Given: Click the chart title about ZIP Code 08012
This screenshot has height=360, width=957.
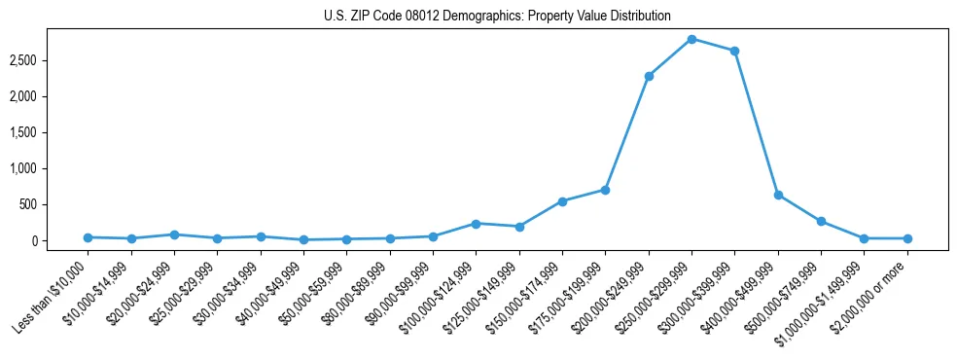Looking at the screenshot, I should [497, 16].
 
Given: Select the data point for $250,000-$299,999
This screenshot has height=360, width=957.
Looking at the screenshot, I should [691, 39].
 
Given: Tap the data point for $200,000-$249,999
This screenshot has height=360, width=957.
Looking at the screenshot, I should [649, 76].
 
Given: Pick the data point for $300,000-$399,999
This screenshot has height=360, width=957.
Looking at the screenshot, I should [734, 51].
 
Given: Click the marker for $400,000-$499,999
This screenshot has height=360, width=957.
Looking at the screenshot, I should [778, 195].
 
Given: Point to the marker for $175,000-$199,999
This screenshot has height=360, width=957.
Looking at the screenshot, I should [605, 190].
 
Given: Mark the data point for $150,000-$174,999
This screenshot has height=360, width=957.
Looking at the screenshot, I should [562, 201].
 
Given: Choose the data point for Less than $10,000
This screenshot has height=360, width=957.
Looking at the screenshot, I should [88, 237].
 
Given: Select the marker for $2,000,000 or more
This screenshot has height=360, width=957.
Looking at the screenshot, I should [907, 238].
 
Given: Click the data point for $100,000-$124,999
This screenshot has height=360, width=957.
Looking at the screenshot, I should [476, 224].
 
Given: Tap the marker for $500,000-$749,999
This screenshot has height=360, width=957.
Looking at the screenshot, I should [821, 221].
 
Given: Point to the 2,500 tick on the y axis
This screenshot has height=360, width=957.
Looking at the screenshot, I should [23, 60].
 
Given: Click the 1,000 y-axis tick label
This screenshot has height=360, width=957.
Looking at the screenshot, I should [23, 168].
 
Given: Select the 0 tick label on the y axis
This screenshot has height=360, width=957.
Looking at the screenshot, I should [34, 240].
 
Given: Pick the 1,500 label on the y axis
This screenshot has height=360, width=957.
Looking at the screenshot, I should [23, 132].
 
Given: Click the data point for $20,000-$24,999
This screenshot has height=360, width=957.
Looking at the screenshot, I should [174, 234].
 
